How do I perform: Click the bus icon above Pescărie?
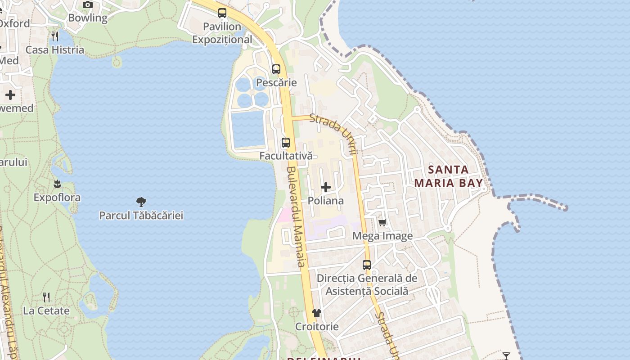pos(276,69)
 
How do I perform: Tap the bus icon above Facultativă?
pos(286,143)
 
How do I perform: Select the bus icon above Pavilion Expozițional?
pos(222,13)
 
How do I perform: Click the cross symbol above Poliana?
pos(326,187)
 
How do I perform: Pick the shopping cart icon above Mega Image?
pos(382,222)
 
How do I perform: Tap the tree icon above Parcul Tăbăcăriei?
pos(141,202)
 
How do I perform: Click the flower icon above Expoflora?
pos(57,184)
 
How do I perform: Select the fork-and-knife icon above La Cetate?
pos(46,297)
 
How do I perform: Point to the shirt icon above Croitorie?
pos(317,313)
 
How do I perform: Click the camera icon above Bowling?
pos(88,5)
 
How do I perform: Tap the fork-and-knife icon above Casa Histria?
pos(55,36)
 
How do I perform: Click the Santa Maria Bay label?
pos(448,176)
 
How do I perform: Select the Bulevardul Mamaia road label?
pos(296,216)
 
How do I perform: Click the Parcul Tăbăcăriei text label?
pos(141,215)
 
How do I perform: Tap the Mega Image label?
pos(382,236)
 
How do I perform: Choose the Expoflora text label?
pos(57,198)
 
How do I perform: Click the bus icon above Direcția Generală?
pos(367,265)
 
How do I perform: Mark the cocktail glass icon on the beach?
pos(506,356)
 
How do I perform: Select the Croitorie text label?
pos(317,326)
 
